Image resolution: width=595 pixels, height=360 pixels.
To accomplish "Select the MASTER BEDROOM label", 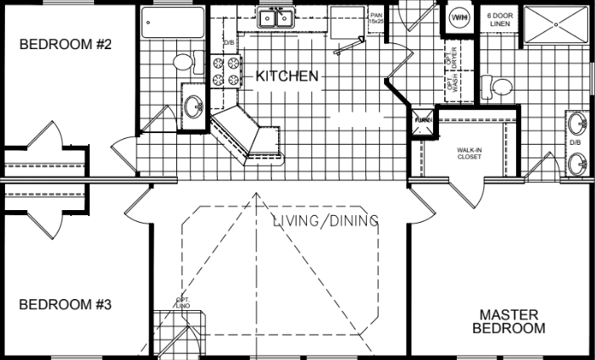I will coord(509,321).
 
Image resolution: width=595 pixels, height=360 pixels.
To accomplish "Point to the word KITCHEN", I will coord(287,76).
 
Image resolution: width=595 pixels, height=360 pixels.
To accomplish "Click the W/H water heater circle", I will coord(459,17).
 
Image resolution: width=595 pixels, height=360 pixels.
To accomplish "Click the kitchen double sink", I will coord(277,18).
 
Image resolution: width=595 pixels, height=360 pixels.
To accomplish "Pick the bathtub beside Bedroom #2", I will coord(170,25).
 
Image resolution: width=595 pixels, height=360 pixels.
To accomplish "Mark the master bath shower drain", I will coord(556,25).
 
